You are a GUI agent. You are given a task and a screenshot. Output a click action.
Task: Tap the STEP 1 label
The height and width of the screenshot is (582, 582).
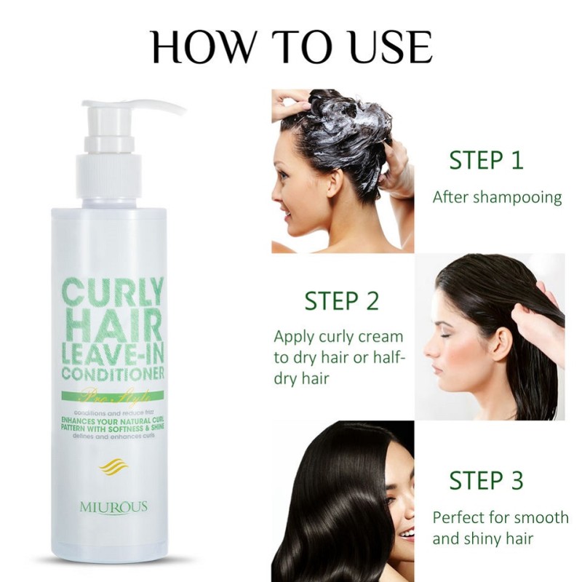tap(486, 160)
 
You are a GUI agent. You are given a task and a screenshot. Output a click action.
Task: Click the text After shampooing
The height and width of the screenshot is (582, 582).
tap(497, 197)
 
